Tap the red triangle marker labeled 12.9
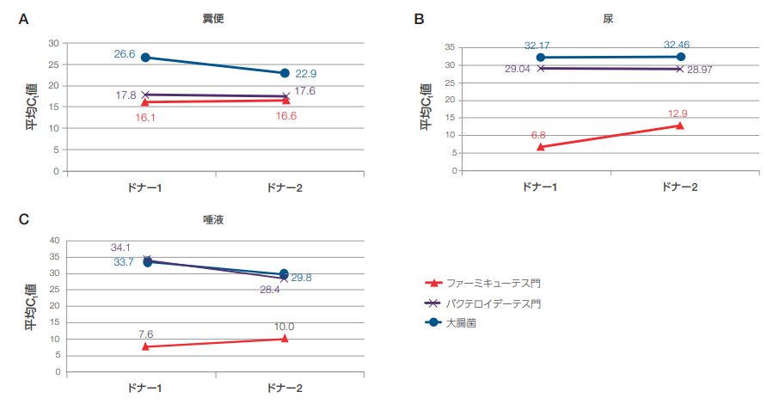(x=680, y=125)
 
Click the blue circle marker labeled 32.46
(x=680, y=57)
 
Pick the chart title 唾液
(x=215, y=220)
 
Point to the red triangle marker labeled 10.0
(x=285, y=338)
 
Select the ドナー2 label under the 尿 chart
(x=680, y=187)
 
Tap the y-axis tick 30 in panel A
(x=53, y=43)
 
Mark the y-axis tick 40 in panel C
(x=53, y=241)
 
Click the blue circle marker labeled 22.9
(x=285, y=73)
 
